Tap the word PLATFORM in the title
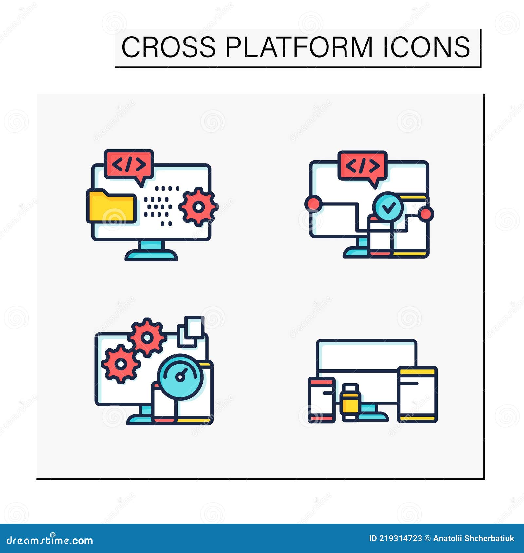[299, 47]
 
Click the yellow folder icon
[111, 206]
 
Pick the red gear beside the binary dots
[198, 207]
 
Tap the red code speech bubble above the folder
[129, 164]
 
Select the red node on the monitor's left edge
[312, 203]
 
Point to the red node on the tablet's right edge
[426, 214]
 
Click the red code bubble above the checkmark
[363, 166]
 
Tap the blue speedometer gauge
[180, 377]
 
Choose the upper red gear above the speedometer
[147, 337]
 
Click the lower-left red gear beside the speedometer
[121, 364]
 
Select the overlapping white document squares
[191, 331]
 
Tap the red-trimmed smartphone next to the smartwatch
[322, 400]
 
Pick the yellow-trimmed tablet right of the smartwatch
[417, 394]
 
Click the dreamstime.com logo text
[50, 540]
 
